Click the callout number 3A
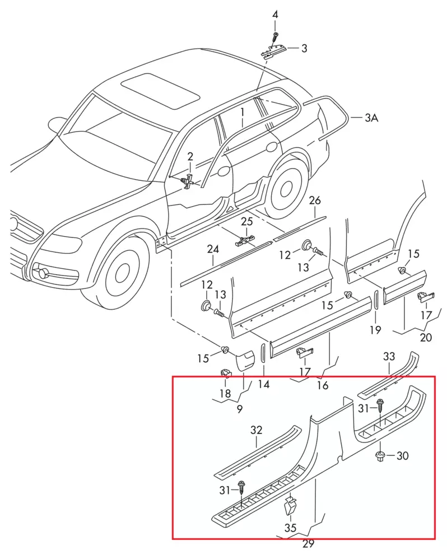point(371,118)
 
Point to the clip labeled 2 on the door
point(189,180)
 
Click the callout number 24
point(213,249)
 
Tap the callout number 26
point(315,200)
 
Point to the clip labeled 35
point(290,506)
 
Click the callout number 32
point(256,430)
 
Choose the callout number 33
point(389,356)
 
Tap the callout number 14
point(263,385)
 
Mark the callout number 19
point(375,330)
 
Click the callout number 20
point(426,337)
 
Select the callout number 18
point(225,394)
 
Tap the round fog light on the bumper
point(42,273)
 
